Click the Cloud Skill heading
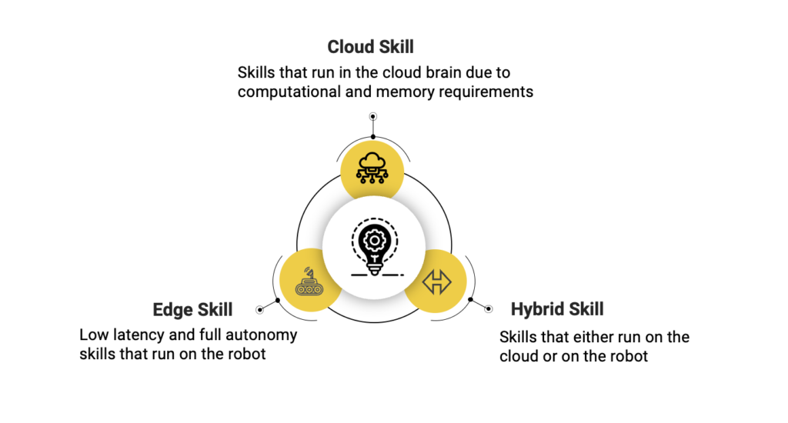point(370,47)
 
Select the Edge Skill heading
point(192,309)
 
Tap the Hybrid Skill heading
point(557,309)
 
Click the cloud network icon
point(372,168)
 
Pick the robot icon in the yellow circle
point(309,281)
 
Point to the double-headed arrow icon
point(437,281)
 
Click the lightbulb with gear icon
point(376,247)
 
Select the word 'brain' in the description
point(443,72)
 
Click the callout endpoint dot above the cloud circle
point(373,117)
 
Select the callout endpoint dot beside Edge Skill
point(259,310)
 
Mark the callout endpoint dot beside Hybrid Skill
point(489,309)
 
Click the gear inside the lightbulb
point(375,241)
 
